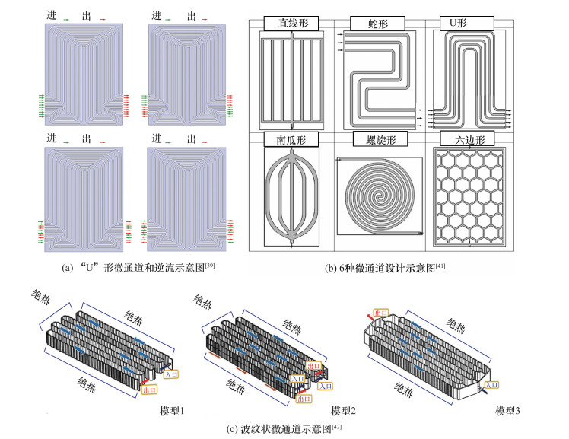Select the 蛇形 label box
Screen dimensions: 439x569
pos(381,23)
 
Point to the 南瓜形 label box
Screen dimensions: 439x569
pos(293,139)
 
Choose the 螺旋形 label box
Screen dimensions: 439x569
pos(381,139)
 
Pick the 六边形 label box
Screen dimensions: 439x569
pos(466,139)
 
